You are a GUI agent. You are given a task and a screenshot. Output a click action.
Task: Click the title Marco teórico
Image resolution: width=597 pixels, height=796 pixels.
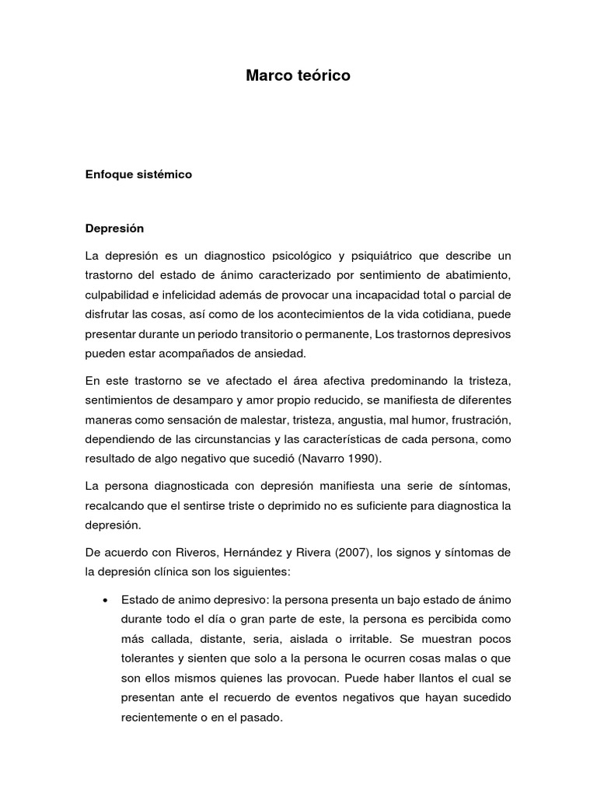298,75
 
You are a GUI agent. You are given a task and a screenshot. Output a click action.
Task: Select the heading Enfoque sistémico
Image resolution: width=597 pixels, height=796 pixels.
138,175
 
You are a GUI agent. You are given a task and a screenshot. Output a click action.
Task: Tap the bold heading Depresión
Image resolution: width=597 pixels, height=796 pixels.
114,229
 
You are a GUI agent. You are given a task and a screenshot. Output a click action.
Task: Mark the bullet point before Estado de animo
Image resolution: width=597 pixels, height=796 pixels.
105,601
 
